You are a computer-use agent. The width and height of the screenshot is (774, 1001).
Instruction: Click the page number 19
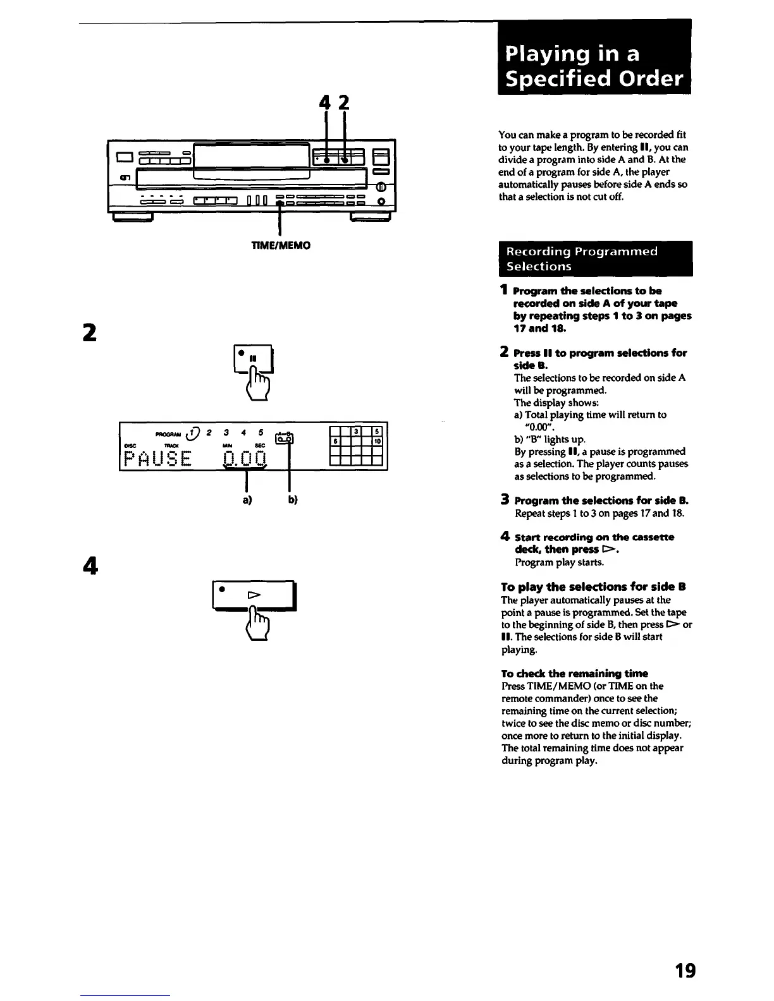pyautogui.click(x=685, y=970)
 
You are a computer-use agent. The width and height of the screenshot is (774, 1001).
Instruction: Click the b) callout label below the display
pyautogui.click(x=293, y=500)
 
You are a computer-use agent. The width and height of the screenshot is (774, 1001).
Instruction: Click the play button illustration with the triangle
pyautogui.click(x=254, y=595)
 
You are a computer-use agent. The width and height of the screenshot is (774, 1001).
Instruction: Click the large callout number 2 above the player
pyautogui.click(x=344, y=103)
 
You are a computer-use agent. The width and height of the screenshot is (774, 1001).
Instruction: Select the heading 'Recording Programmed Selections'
pyautogui.click(x=595, y=259)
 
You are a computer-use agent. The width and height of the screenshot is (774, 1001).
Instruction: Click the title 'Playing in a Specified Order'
pyautogui.click(x=594, y=66)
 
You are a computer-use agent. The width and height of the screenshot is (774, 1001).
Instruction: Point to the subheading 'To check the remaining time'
pyautogui.click(x=574, y=674)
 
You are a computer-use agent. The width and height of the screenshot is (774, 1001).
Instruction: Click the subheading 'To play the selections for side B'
pyautogui.click(x=593, y=586)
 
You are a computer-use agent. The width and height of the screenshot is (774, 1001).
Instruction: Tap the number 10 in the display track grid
pyautogui.click(x=377, y=441)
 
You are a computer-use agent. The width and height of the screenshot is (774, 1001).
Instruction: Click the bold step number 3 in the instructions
pyautogui.click(x=505, y=500)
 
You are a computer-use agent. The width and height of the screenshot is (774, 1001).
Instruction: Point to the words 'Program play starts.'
pyautogui.click(x=551, y=562)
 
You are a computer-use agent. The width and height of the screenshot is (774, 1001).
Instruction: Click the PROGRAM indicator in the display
pyautogui.click(x=168, y=434)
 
